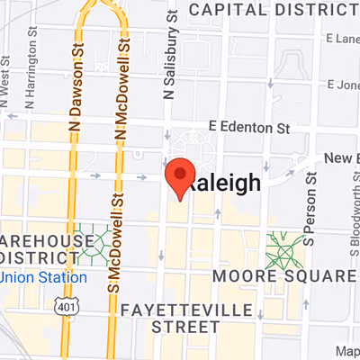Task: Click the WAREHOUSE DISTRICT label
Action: click(45, 250)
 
